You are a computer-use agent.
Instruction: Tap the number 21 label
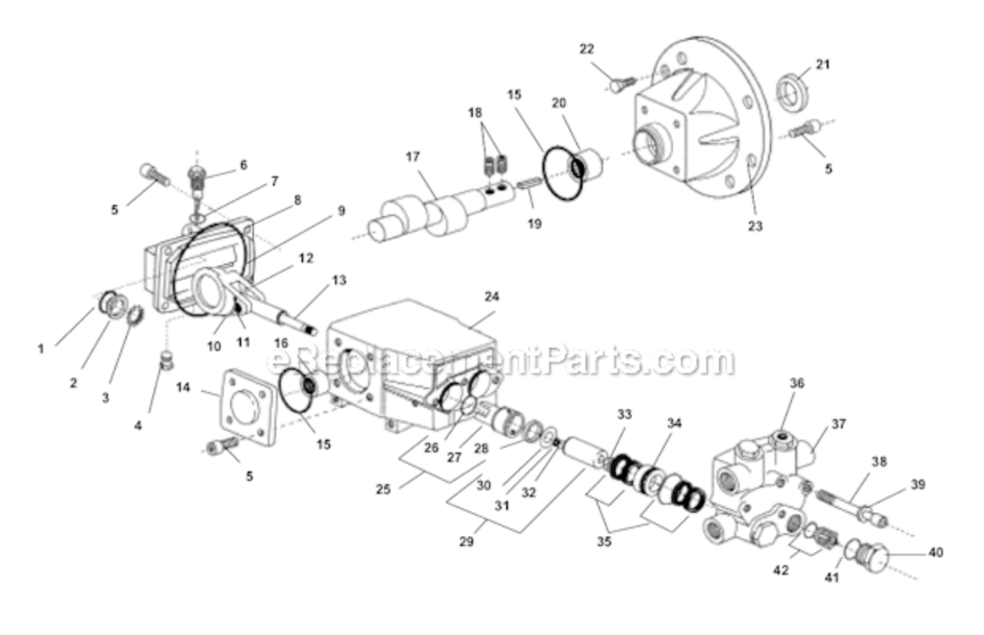pyautogui.click(x=823, y=64)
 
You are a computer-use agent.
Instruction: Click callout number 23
pyautogui.click(x=755, y=226)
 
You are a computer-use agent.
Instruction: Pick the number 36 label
pyautogui.click(x=796, y=383)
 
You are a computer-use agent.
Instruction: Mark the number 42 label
pyautogui.click(x=780, y=570)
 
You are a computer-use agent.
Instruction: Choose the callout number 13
pyautogui.click(x=339, y=279)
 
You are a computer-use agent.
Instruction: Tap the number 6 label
pyautogui.click(x=244, y=165)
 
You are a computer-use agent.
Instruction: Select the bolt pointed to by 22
pyautogui.click(x=622, y=86)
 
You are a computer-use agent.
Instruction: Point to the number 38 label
pyautogui.click(x=879, y=463)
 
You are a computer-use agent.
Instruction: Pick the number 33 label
pyautogui.click(x=624, y=414)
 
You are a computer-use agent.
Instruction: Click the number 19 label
pyautogui.click(x=534, y=224)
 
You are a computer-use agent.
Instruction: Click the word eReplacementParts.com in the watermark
pyautogui.click(x=499, y=362)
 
